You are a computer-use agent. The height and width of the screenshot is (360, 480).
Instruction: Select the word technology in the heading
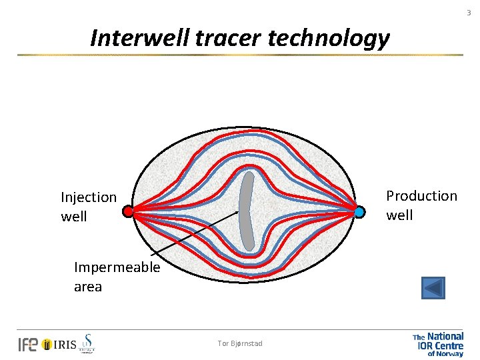(329, 39)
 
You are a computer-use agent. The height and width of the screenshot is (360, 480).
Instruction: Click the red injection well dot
(128, 212)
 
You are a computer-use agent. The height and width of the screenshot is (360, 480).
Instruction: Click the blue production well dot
(359, 212)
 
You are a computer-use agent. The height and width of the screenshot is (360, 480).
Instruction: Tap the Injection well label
(88, 207)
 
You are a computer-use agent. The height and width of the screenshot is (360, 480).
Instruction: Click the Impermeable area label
(117, 277)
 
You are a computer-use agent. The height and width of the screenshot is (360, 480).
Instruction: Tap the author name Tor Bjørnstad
(240, 343)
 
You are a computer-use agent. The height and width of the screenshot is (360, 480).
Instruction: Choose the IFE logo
(28, 344)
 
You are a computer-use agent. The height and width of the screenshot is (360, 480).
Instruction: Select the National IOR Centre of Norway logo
(438, 345)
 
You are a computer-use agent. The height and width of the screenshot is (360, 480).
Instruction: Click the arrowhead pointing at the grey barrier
(236, 213)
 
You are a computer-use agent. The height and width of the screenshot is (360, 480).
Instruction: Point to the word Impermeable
(117, 267)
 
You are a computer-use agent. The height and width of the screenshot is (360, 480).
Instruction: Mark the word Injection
(88, 197)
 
